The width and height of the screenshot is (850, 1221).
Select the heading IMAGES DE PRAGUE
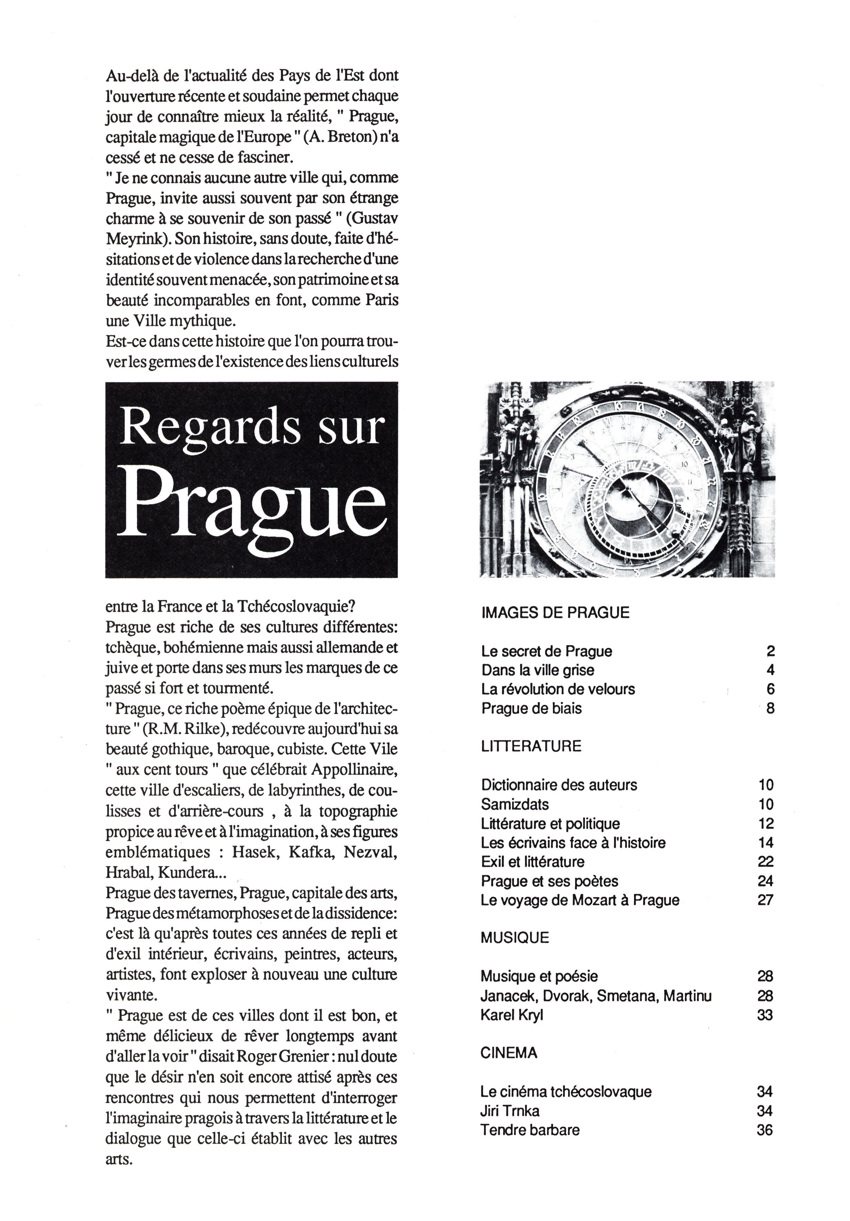(x=555, y=613)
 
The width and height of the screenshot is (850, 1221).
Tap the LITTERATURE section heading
(x=531, y=746)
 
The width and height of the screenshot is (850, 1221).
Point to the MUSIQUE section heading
(x=514, y=938)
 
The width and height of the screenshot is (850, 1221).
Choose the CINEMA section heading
(x=508, y=1052)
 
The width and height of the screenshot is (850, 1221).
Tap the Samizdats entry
(x=515, y=804)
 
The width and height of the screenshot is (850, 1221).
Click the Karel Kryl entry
(x=511, y=1015)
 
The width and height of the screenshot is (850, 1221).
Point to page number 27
(x=765, y=900)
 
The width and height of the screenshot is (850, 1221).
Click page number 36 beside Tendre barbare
(x=764, y=1129)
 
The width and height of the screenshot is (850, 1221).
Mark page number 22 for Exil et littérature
(x=765, y=862)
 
